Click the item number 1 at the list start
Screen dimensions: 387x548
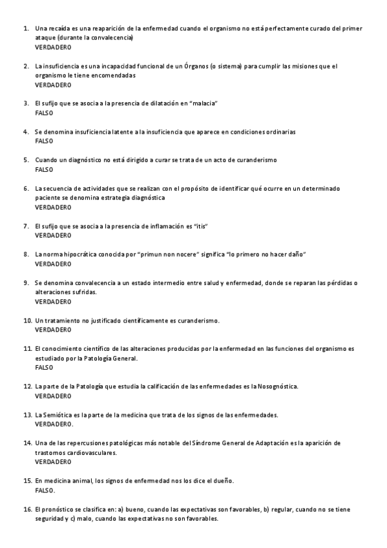tap(25, 28)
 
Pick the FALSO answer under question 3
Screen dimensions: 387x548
tap(44, 113)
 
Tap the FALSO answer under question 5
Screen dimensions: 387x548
tap(44, 169)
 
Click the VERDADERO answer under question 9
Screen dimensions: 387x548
tap(53, 302)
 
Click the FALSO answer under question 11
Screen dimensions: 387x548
tap(44, 367)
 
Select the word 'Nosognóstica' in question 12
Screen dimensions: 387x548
tap(277, 386)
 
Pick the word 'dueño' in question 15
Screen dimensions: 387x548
tap(220, 481)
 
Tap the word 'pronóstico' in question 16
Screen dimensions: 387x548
tap(60, 509)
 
